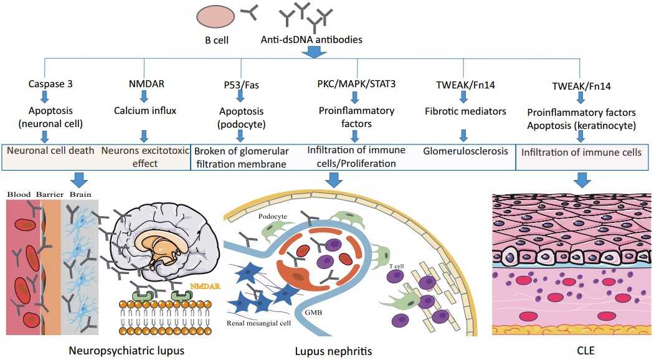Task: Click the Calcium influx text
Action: click(x=144, y=111)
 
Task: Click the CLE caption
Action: click(x=585, y=351)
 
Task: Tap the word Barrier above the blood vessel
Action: click(x=49, y=193)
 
